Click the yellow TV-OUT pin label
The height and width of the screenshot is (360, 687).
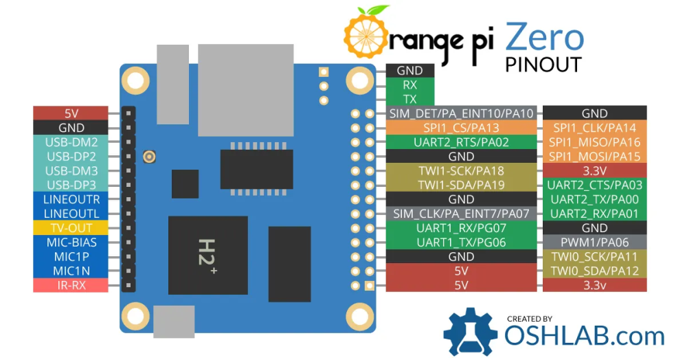[x=71, y=228]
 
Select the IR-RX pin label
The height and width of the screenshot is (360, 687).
[x=71, y=285]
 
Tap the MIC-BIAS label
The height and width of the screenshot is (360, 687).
[x=71, y=243]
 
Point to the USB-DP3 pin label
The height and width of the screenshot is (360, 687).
[x=71, y=185]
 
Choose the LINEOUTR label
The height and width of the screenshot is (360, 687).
[x=71, y=199]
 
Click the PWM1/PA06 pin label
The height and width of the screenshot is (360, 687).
[x=594, y=243]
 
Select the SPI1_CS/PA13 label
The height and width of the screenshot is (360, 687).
[x=461, y=128]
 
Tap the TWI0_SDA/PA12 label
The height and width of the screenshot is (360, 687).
[x=594, y=271]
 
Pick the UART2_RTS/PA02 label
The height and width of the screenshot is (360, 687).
[x=461, y=142]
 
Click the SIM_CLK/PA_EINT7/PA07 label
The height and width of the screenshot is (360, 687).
[x=461, y=214]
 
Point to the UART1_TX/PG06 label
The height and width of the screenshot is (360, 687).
[x=461, y=243]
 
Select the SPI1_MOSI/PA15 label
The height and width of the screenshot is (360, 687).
[x=594, y=157]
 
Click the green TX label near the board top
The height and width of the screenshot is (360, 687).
[x=410, y=99]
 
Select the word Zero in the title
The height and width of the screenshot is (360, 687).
[x=544, y=38]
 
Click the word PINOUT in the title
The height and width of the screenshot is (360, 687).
[x=543, y=65]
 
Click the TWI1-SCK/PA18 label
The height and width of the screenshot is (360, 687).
[x=461, y=171]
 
